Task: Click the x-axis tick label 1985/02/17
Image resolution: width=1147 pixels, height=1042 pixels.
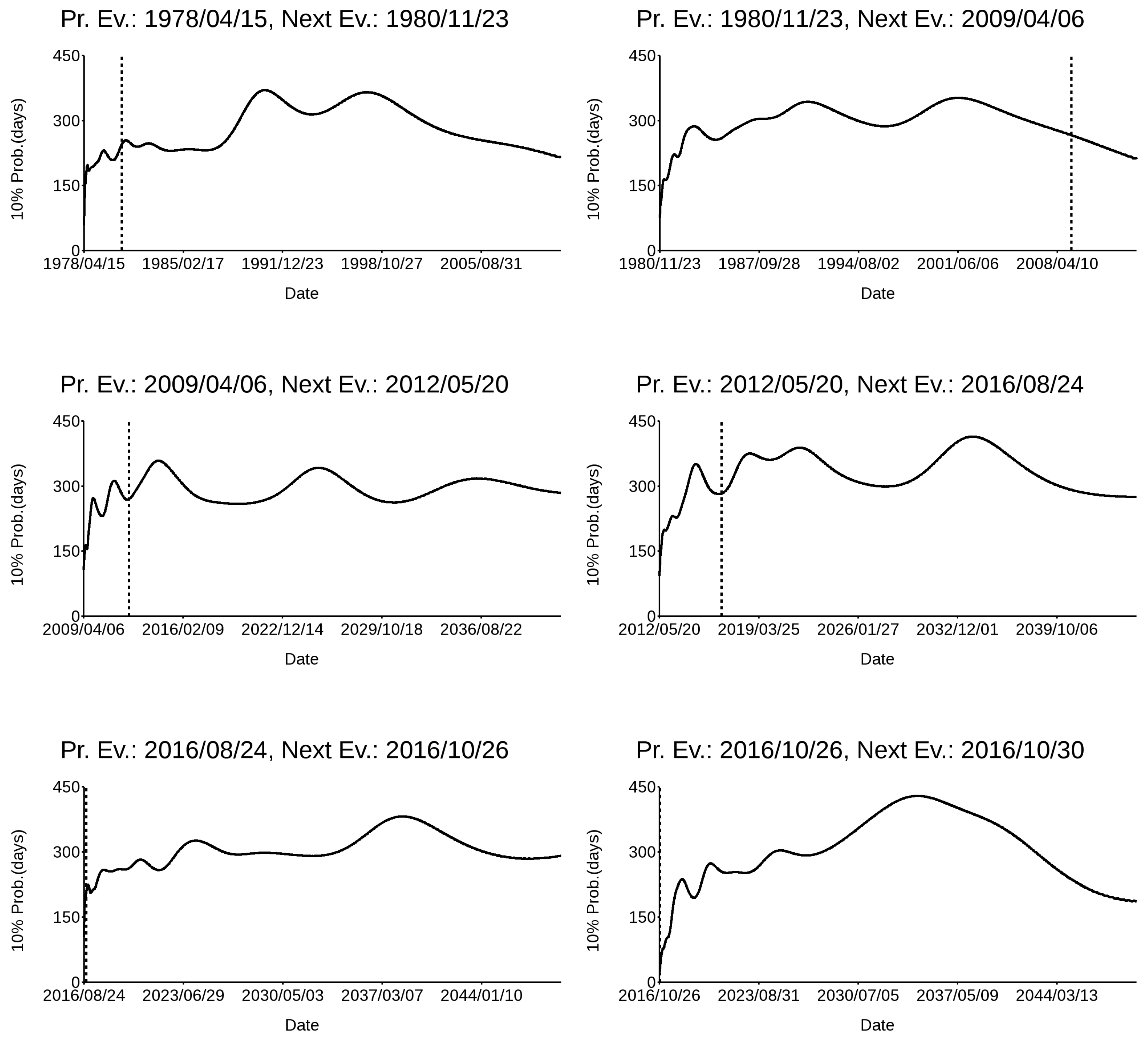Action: [183, 264]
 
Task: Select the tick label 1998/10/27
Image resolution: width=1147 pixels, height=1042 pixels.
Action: [382, 264]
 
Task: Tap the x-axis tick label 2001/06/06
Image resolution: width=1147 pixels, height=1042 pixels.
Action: [958, 264]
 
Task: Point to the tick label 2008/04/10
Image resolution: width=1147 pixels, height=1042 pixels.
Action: [1057, 264]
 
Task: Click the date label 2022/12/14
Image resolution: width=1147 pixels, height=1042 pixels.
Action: [282, 630]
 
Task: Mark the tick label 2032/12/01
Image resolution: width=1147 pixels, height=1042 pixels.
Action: [958, 630]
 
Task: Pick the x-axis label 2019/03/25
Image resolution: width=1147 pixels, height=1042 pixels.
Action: [759, 630]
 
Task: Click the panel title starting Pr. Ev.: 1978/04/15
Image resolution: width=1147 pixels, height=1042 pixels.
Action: [284, 19]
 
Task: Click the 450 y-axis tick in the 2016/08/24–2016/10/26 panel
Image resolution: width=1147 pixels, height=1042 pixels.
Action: [66, 787]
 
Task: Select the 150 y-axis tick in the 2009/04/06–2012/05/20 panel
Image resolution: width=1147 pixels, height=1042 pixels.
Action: [66, 551]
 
